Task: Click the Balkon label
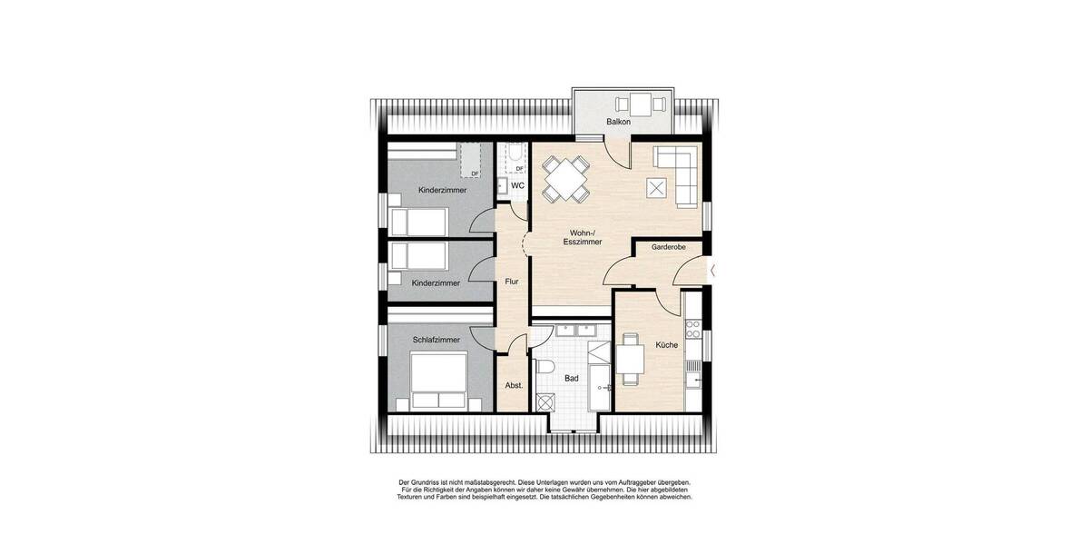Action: tap(619, 122)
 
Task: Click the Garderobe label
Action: tap(668, 247)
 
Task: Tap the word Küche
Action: tap(667, 345)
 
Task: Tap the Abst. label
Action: tap(514, 386)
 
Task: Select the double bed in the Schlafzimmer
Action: tap(437, 381)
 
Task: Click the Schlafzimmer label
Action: tap(436, 340)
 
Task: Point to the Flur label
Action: tap(512, 282)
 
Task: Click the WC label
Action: tap(517, 185)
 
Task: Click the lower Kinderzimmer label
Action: tap(436, 283)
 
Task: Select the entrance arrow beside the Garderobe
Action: tap(714, 270)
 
